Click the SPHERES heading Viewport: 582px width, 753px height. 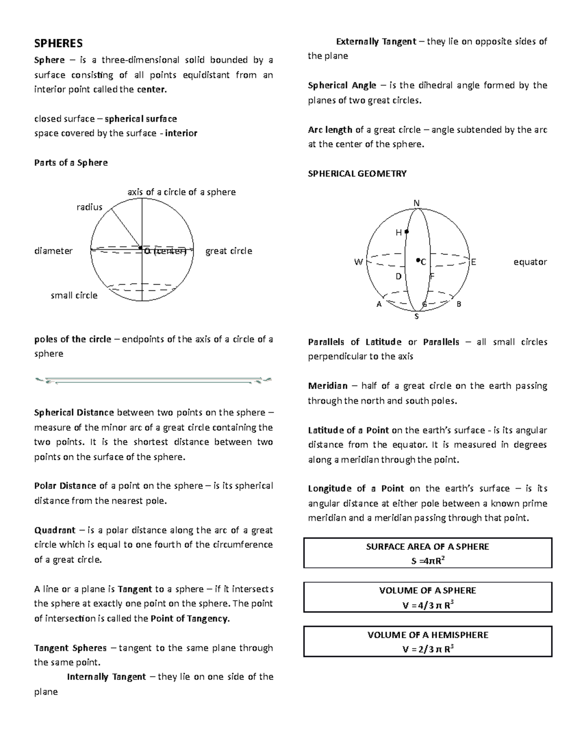point(58,44)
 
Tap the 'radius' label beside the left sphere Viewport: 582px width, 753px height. point(90,207)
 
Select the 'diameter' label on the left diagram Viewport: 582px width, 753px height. point(53,251)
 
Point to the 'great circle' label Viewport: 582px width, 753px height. point(228,251)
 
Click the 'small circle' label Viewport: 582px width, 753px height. point(74,295)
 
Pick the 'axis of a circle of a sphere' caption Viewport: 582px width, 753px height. point(181,192)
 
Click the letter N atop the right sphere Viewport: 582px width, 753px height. point(416,203)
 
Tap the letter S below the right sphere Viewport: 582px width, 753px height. point(416,317)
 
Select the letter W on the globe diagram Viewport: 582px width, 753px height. point(358,262)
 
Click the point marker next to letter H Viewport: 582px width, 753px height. point(407,232)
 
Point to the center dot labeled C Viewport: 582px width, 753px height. point(418,260)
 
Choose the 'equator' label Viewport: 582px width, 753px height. point(530,262)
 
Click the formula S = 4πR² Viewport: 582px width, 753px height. point(427,561)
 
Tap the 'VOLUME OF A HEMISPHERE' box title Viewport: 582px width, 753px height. point(427,635)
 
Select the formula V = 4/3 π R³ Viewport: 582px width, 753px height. point(427,605)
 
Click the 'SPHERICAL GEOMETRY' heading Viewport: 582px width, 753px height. point(357,174)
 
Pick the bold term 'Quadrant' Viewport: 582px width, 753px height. point(55,530)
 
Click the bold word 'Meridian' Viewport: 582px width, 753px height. point(328,386)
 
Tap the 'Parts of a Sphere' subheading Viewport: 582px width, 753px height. point(71,162)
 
